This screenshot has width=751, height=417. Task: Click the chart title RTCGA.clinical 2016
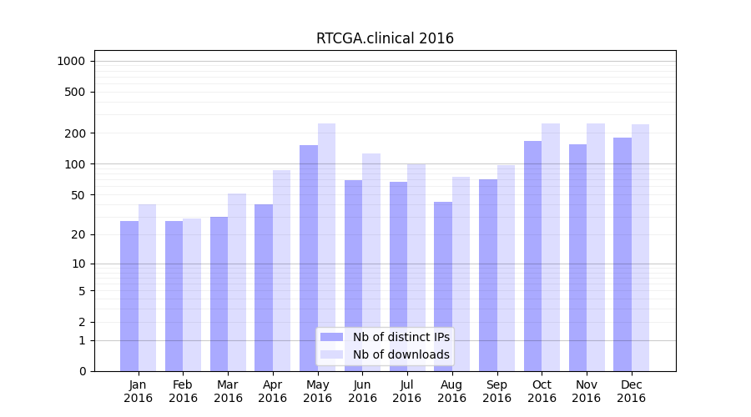[x=385, y=38]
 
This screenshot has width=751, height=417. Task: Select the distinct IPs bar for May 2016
[x=309, y=259]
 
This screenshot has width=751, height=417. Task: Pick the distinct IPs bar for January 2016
[x=129, y=296]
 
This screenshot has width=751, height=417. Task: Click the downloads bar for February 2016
[x=192, y=295]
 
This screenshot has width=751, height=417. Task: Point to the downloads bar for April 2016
[x=281, y=271]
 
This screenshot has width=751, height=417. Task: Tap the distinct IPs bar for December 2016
[x=622, y=254]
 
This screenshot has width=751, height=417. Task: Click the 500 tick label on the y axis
[x=75, y=92]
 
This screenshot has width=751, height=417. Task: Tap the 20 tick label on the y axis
[x=78, y=234]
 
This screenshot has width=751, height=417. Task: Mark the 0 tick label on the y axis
[x=82, y=371]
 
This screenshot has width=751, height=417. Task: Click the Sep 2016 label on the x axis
[x=496, y=391]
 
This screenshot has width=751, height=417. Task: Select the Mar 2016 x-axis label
[x=228, y=391]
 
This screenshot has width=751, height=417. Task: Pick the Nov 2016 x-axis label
[x=587, y=391]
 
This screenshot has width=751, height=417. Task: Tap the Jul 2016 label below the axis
[x=407, y=391]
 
